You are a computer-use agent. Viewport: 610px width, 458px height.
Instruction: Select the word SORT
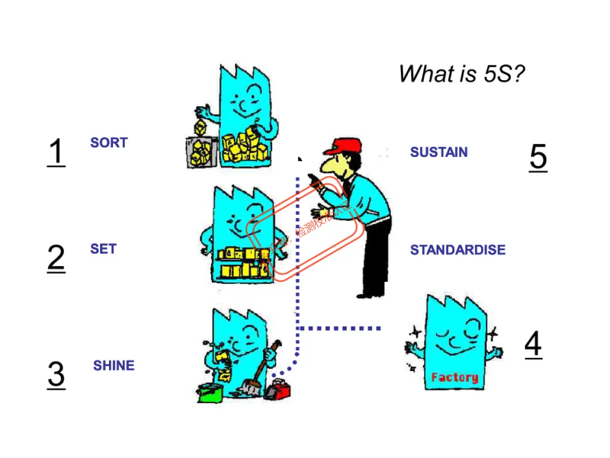(x=109, y=143)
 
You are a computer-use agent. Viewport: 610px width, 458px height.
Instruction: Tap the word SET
(x=103, y=249)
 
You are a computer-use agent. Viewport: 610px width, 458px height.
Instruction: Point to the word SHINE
(x=114, y=366)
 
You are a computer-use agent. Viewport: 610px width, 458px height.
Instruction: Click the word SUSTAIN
(x=439, y=152)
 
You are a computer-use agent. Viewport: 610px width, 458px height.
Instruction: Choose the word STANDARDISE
(x=457, y=250)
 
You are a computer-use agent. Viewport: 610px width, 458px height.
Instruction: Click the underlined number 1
(x=56, y=152)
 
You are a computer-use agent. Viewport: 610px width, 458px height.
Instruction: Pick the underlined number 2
(x=56, y=258)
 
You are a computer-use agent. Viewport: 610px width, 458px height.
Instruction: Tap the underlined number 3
(x=56, y=374)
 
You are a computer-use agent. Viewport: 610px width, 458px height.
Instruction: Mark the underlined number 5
(x=538, y=157)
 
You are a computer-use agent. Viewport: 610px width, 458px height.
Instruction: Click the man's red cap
(x=343, y=146)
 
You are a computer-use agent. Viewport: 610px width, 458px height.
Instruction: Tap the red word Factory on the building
(x=454, y=377)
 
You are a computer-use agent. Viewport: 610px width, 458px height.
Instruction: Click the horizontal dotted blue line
(x=339, y=328)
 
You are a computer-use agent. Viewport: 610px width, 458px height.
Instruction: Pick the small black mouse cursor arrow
(x=300, y=160)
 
